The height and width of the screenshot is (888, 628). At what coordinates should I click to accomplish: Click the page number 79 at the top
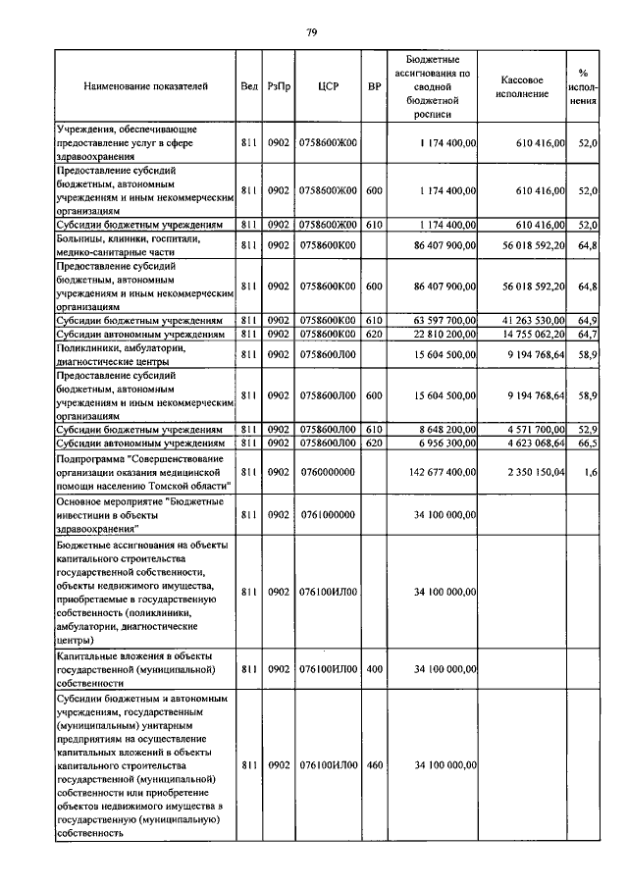[x=311, y=32]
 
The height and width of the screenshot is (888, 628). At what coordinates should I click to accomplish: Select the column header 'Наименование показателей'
[x=145, y=87]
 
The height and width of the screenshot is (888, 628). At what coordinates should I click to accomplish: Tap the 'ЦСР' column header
[x=329, y=87]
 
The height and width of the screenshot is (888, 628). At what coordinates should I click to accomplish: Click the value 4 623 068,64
[x=535, y=444]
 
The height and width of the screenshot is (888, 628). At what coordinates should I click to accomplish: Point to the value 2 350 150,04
[x=535, y=472]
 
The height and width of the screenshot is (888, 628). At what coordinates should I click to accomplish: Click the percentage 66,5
[x=589, y=444]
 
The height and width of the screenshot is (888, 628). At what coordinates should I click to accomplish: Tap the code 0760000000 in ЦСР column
[x=329, y=472]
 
